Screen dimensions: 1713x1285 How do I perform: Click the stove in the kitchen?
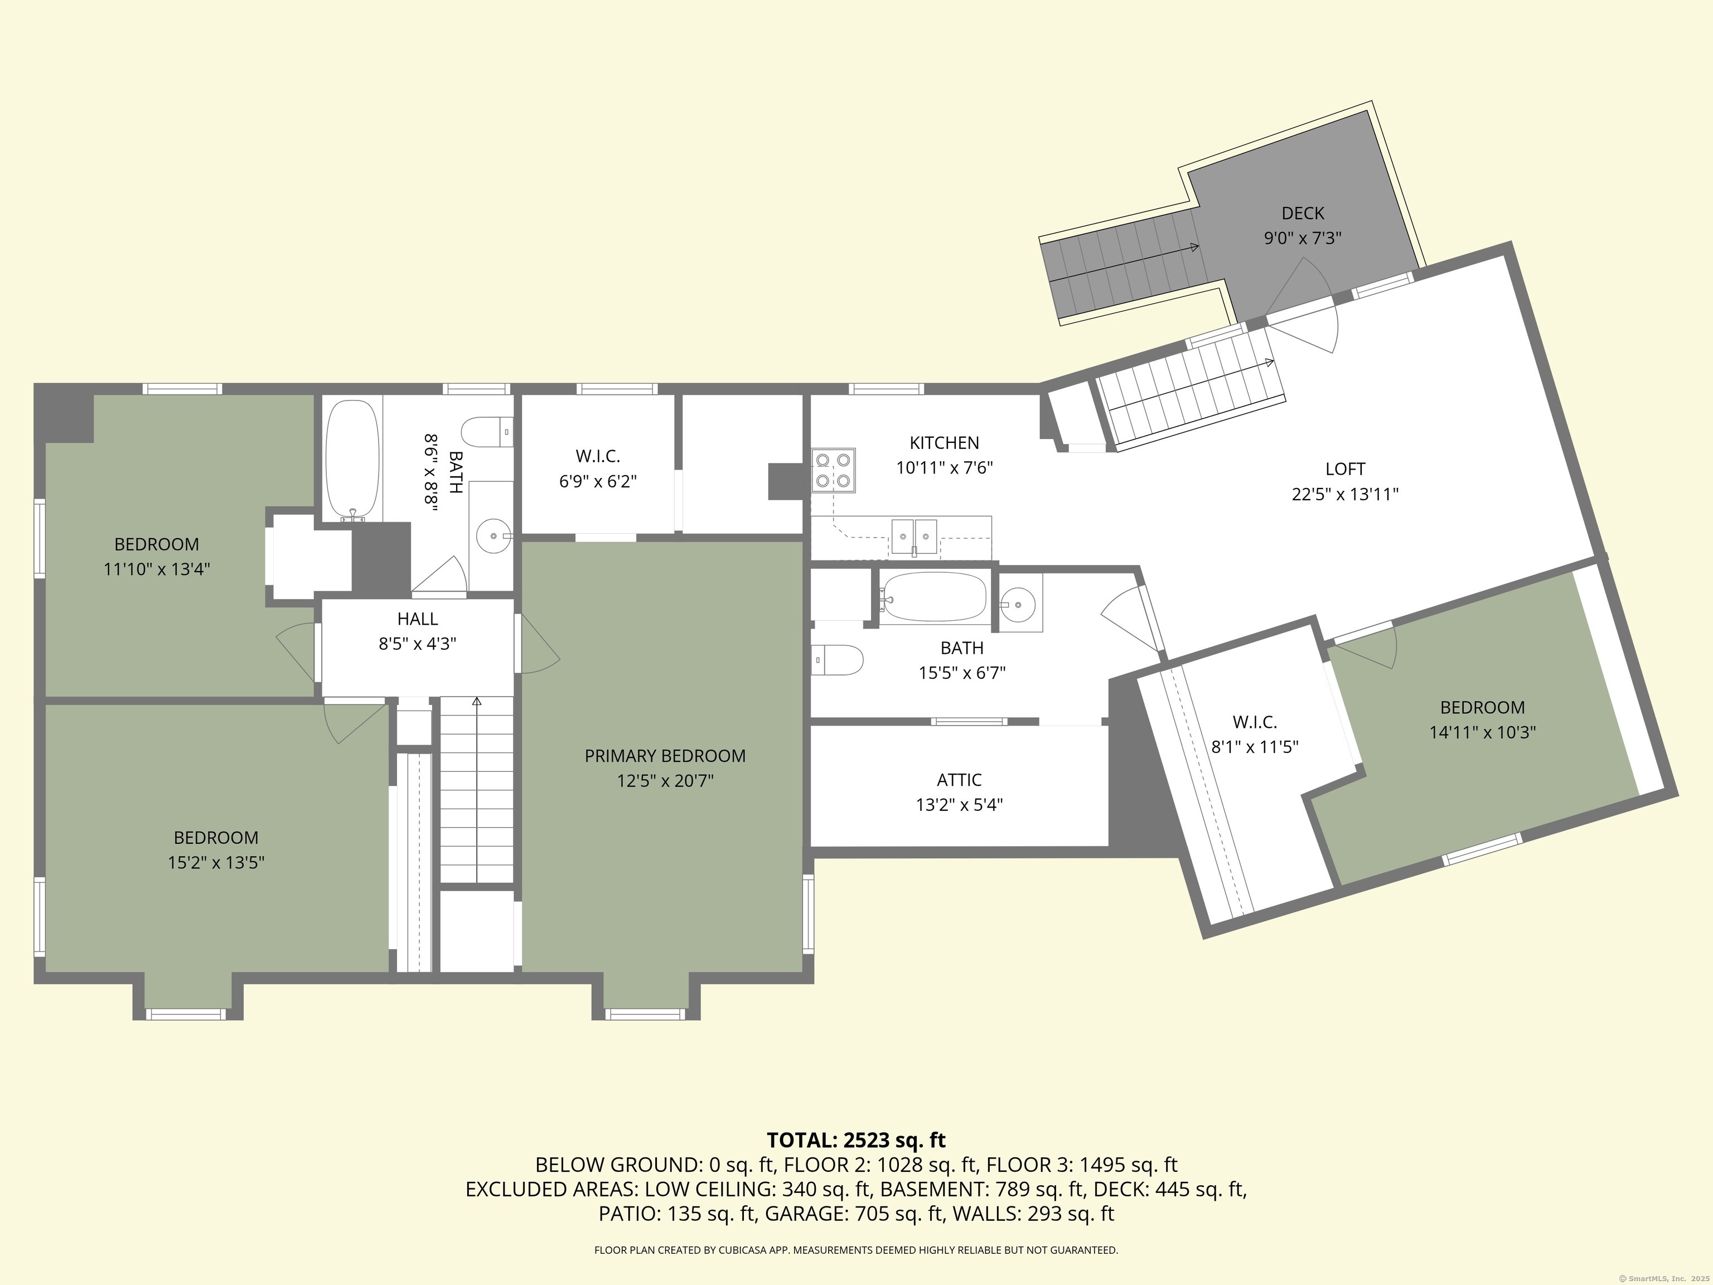(833, 470)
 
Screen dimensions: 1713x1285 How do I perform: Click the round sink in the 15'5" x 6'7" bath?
(1018, 602)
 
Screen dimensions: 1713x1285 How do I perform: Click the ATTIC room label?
(960, 780)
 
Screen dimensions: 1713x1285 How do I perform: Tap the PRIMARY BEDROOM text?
(665, 756)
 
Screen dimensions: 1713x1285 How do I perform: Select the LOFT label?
(1345, 468)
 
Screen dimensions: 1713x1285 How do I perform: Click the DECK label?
(1303, 213)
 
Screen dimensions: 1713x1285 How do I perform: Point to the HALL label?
(418, 619)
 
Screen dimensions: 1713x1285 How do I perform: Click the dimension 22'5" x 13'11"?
(1345, 494)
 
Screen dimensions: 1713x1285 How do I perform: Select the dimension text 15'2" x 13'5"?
(216, 863)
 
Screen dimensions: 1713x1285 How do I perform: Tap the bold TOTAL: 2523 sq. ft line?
(856, 1140)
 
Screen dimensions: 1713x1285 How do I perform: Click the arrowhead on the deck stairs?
(1195, 248)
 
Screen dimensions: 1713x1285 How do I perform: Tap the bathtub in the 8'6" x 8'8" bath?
(352, 460)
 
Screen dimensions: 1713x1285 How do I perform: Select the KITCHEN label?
(944, 443)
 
